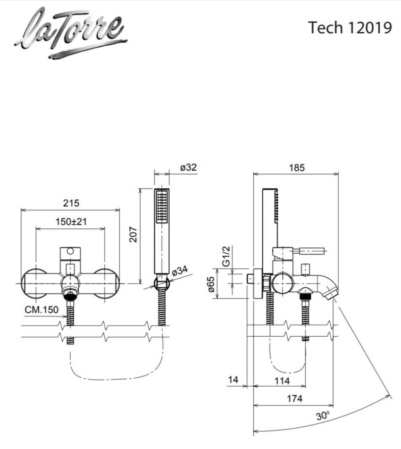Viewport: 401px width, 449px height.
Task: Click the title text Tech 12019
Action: point(350,27)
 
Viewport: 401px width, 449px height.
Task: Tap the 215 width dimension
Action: point(71,203)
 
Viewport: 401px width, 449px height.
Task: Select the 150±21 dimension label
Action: point(71,222)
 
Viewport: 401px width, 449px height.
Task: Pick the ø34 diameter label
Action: point(180,271)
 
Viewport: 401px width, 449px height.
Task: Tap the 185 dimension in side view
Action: point(297,167)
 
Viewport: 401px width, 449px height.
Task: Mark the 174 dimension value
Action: point(294,399)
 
